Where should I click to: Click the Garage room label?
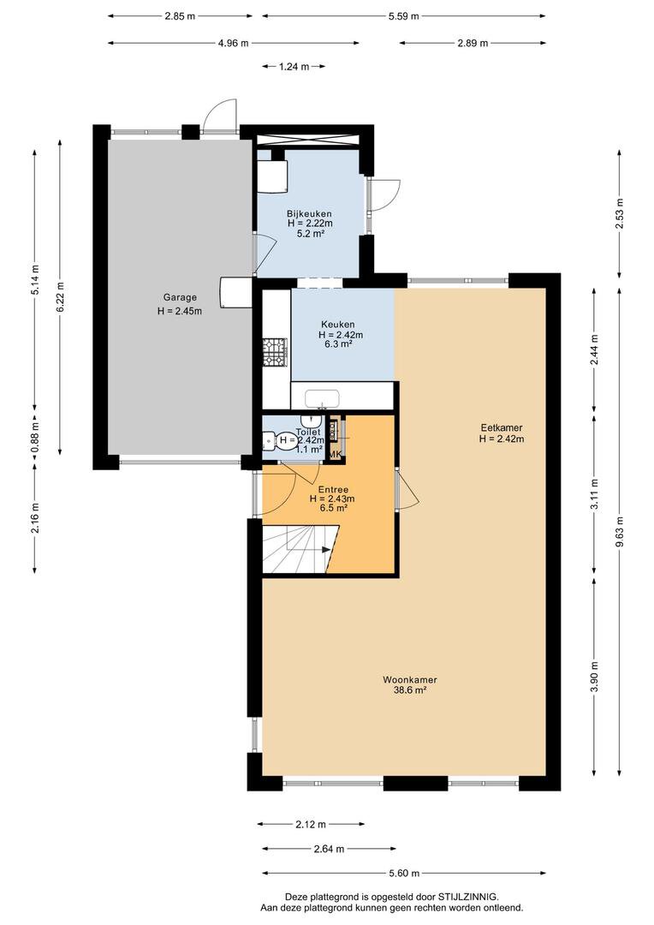pyautogui.click(x=180, y=298)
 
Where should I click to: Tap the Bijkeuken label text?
pyautogui.click(x=310, y=213)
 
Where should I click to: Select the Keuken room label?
pyautogui.click(x=338, y=325)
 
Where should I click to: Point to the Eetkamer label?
pyautogui.click(x=502, y=428)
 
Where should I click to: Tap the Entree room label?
pyautogui.click(x=333, y=490)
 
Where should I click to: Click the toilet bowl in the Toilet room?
pyautogui.click(x=271, y=440)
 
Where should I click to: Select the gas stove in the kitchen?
pyautogui.click(x=275, y=352)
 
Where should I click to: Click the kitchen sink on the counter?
pyautogui.click(x=322, y=398)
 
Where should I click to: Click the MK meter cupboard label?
pyautogui.click(x=335, y=454)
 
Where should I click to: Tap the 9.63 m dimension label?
pyautogui.click(x=619, y=532)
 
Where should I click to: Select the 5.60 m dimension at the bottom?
pyautogui.click(x=404, y=873)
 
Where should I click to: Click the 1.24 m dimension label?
pyautogui.click(x=294, y=67)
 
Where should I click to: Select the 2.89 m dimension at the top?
pyautogui.click(x=473, y=43)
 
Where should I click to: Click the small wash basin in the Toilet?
pyautogui.click(x=311, y=421)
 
